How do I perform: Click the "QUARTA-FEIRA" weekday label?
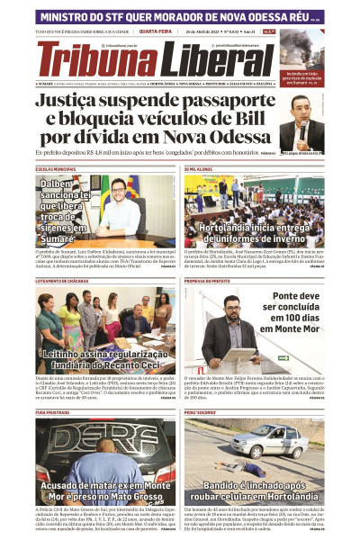click(x=156, y=32)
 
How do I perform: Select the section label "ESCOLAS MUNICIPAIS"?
click(x=56, y=169)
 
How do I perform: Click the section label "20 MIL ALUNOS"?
click(x=201, y=169)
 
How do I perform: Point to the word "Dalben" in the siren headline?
click(x=56, y=184)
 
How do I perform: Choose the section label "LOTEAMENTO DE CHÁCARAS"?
click(x=64, y=281)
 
